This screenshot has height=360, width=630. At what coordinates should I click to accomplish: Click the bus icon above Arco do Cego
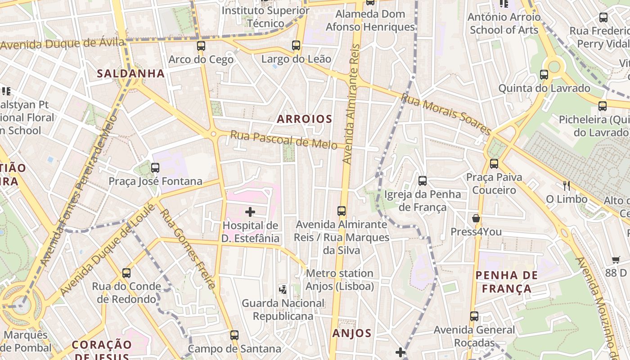[x=201, y=46]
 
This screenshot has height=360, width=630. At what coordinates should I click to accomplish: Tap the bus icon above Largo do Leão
[x=296, y=45]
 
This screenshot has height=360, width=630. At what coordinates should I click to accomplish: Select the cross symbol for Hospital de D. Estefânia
[x=250, y=211]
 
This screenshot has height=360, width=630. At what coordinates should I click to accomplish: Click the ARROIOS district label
[x=305, y=119]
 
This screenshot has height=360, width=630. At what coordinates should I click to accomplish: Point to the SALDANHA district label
[x=131, y=74]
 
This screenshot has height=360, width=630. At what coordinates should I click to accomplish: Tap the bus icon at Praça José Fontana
[x=155, y=168]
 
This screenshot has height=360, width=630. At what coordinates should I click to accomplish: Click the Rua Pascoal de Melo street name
[x=283, y=139]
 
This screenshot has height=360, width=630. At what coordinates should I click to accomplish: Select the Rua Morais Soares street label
[x=445, y=114]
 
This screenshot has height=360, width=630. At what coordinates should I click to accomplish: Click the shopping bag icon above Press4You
[x=476, y=219]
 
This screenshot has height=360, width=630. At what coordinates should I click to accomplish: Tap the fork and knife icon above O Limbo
[x=567, y=185]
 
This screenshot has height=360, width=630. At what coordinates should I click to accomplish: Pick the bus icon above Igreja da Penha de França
[x=423, y=181]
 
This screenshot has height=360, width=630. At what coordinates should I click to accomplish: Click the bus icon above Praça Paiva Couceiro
[x=494, y=164]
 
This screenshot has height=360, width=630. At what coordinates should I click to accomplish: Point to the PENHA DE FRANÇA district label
[x=507, y=282]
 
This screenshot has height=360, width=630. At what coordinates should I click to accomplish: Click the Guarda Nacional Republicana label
[x=283, y=310]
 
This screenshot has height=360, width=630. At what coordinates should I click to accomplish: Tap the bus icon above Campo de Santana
[x=234, y=335]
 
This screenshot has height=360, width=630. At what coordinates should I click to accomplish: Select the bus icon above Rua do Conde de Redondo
[x=126, y=273]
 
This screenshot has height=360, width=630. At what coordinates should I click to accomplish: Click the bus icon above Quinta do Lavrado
[x=544, y=75]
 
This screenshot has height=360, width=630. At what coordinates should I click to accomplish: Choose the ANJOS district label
[x=352, y=333]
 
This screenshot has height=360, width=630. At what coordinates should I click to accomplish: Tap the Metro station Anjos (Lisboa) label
[x=340, y=279]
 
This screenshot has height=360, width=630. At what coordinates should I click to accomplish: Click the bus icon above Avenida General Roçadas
[x=474, y=316]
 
